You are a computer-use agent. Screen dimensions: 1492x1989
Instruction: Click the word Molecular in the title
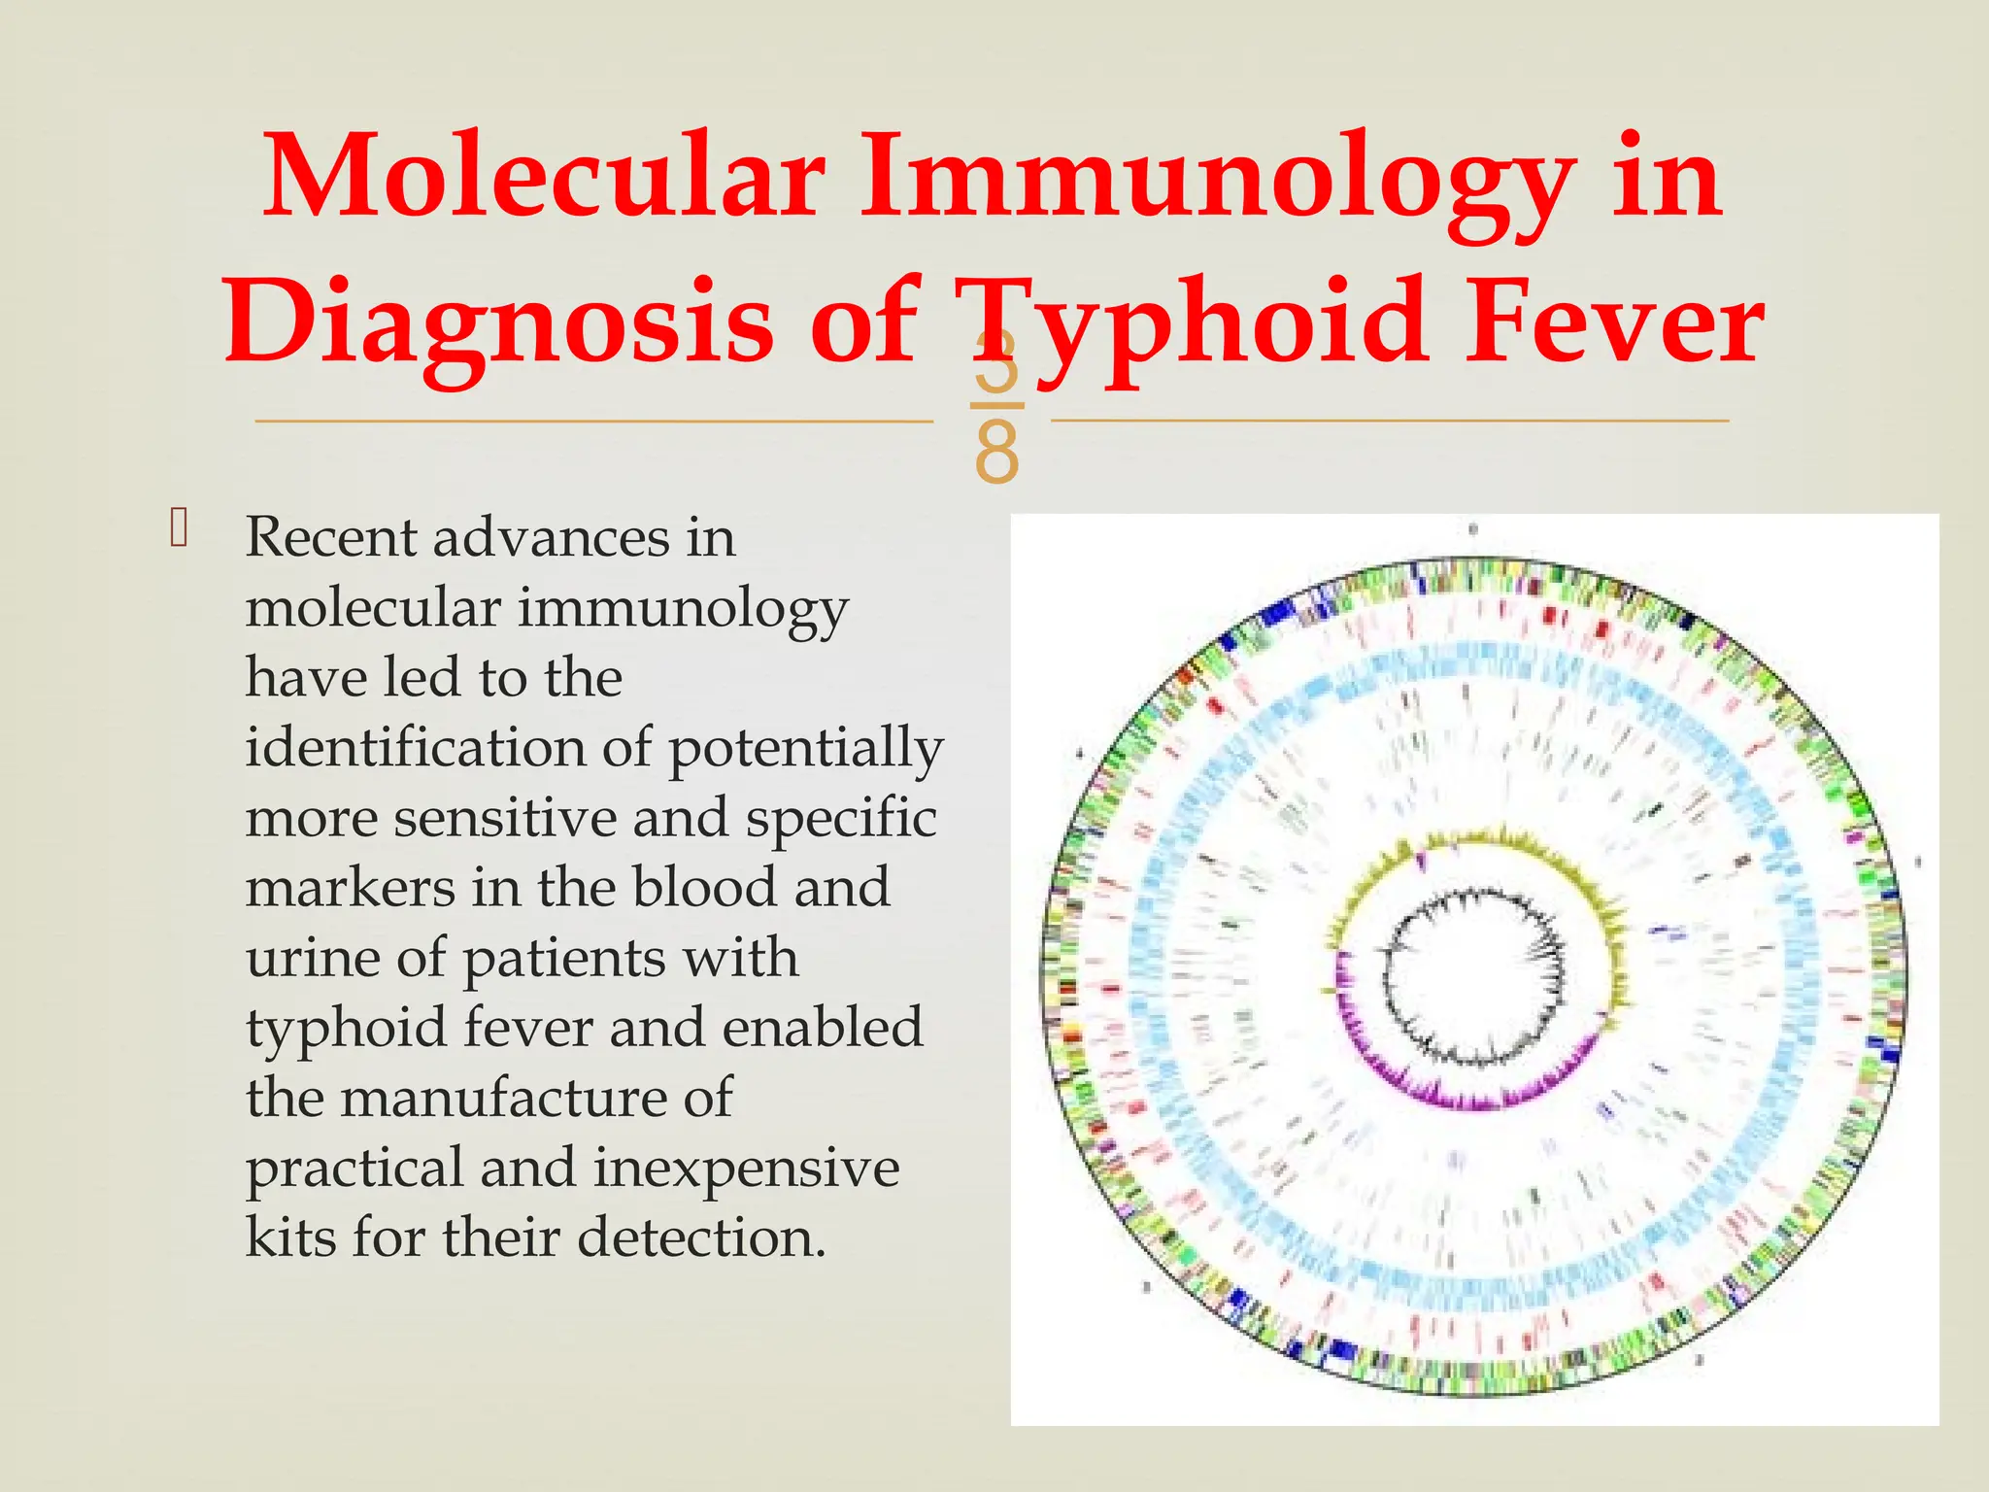click(x=544, y=178)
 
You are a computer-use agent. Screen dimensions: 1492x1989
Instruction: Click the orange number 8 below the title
click(x=996, y=453)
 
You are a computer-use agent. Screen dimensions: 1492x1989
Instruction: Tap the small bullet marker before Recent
click(x=178, y=529)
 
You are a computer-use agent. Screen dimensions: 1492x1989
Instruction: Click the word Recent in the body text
click(x=330, y=537)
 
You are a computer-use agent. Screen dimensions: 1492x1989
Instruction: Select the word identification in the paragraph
click(x=415, y=748)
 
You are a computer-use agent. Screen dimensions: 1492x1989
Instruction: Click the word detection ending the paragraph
click(x=701, y=1238)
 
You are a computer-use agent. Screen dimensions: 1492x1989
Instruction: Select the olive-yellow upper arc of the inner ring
click(x=1476, y=839)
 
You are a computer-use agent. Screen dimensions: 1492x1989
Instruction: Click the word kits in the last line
click(x=290, y=1238)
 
